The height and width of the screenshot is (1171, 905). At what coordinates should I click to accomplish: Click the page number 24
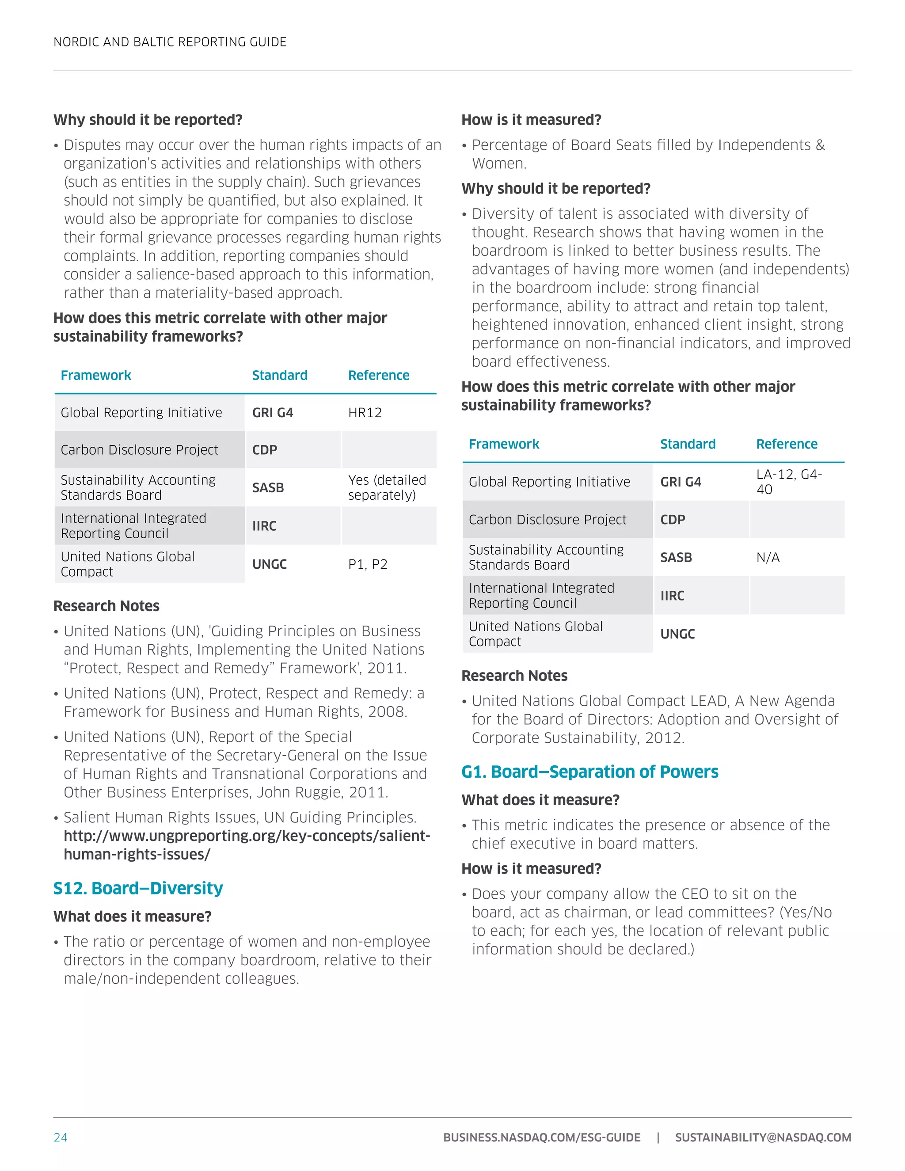(60, 1137)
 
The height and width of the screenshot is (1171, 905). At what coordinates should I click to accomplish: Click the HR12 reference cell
(365, 412)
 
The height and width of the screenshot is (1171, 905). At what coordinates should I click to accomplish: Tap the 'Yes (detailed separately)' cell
(387, 487)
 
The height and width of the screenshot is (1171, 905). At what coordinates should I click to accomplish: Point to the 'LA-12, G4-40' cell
(789, 482)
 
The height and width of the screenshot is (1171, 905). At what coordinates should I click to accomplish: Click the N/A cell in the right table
(768, 558)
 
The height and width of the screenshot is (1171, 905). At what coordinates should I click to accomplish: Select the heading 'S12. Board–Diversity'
(138, 889)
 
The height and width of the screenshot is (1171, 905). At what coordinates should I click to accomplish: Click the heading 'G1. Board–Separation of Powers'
(590, 772)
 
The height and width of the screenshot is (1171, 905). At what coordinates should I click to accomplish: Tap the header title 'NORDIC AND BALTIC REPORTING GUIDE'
(170, 42)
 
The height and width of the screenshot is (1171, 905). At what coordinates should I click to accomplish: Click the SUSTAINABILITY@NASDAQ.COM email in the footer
(763, 1137)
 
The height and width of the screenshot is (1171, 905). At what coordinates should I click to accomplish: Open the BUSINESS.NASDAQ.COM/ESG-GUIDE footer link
(541, 1137)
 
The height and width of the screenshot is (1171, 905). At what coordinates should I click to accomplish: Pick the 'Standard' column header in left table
(280, 375)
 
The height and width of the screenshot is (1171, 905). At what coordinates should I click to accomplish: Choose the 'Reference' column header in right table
(787, 444)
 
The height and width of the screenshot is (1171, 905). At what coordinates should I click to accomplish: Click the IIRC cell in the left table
(264, 526)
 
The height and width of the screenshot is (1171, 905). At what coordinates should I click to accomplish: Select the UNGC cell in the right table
(677, 634)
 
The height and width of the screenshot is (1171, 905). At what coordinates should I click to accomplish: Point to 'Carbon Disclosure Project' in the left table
(139, 450)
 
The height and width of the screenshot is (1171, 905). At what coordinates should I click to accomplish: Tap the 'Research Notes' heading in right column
(514, 676)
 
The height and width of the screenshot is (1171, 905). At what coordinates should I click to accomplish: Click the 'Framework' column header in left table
(96, 375)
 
